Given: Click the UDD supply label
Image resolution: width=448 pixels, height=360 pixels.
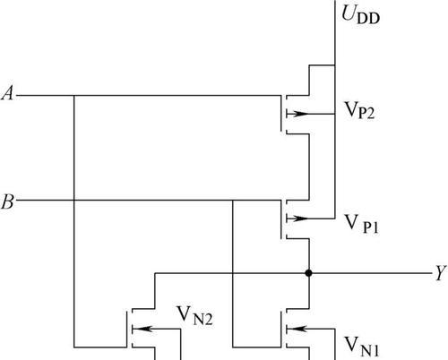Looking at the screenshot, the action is (360, 15).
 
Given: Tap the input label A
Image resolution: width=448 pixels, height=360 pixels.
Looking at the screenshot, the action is (8, 93).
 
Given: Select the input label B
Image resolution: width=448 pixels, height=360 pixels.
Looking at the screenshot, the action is (8, 201).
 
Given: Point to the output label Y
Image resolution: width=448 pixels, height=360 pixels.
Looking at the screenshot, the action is (441, 272).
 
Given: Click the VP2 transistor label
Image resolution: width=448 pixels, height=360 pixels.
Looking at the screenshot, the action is (359, 110).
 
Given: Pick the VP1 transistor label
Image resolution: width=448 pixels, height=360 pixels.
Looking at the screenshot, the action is (362, 224).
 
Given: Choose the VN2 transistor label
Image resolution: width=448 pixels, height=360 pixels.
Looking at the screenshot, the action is (194, 315).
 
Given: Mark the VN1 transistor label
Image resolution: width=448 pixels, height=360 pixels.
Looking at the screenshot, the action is (362, 347).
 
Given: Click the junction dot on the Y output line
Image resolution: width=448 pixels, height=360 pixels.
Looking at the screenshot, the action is (309, 273).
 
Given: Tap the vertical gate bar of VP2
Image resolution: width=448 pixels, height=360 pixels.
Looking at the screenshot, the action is (281, 114).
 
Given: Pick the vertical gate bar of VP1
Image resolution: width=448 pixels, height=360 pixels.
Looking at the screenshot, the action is (281, 219).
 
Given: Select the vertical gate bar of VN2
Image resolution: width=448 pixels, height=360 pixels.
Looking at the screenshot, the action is (126, 330).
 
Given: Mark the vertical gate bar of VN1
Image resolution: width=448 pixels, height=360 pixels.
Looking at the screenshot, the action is (281, 330).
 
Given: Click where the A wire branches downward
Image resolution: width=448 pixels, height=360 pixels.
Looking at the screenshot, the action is (73, 96).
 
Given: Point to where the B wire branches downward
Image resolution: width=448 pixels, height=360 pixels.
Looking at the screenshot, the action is (233, 200).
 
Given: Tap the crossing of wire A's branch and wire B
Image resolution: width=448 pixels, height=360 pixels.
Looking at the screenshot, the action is (73, 200).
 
